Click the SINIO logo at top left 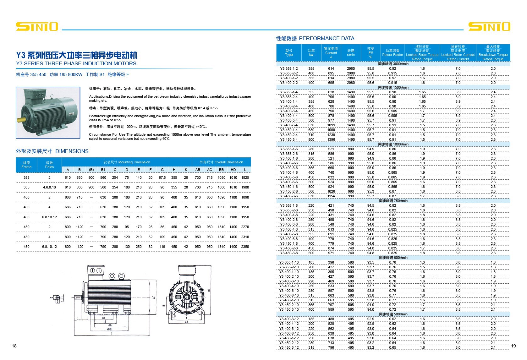click(x=37, y=26)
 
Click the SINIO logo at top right click(x=489, y=26)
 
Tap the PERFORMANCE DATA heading click(x=315, y=38)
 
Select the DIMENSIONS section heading click(x=52, y=151)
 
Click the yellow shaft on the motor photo click(x=21, y=120)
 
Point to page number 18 click(x=14, y=346)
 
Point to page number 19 click(x=513, y=346)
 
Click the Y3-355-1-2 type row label click(x=289, y=68)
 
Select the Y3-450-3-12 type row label click(x=289, y=347)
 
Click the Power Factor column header click(x=393, y=53)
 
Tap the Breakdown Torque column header click(x=493, y=53)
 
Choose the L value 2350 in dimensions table click(x=245, y=247)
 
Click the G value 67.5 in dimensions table click(x=162, y=177)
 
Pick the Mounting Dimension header click(x=127, y=162)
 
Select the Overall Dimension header click(x=221, y=162)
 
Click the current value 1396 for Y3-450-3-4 click(x=331, y=139)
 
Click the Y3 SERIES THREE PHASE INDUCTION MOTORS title click(x=76, y=63)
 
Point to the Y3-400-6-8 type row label click(x=289, y=239)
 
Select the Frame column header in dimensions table click(x=26, y=165)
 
